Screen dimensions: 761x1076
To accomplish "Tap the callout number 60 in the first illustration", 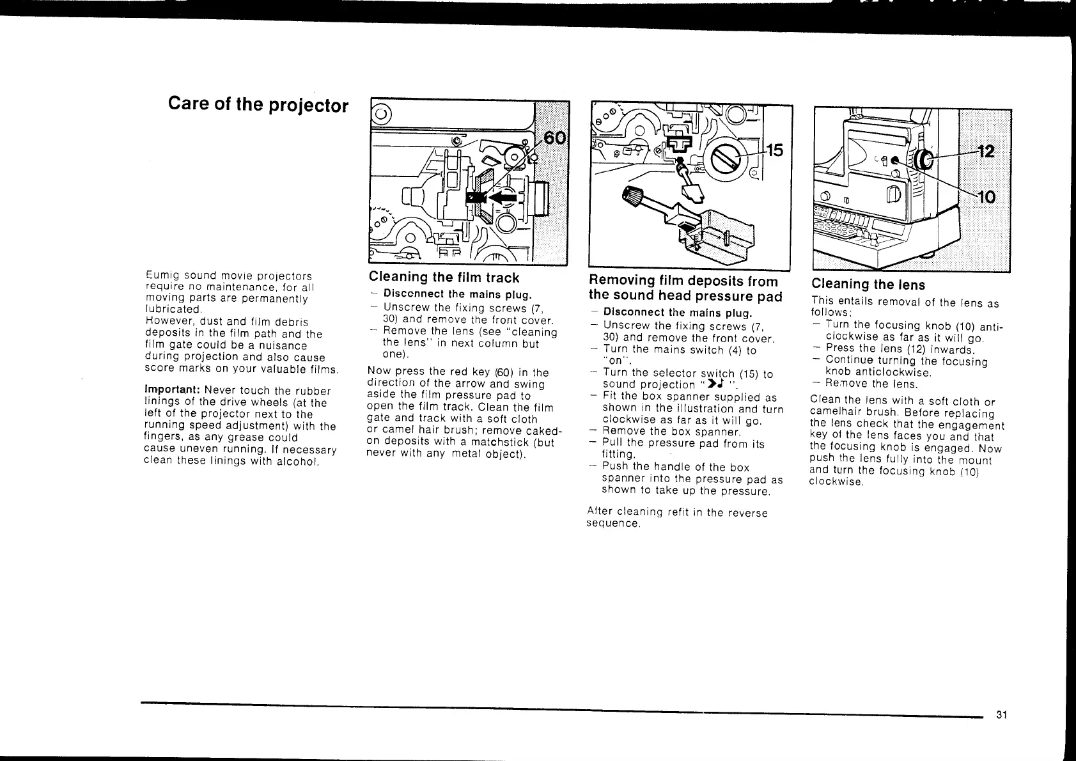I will click(554, 139).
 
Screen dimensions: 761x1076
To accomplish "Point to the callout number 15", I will click(774, 151).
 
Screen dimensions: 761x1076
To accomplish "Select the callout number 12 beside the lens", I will click(986, 152).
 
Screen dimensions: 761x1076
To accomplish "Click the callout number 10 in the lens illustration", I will click(986, 197).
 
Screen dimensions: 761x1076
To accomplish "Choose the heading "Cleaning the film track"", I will click(444, 278).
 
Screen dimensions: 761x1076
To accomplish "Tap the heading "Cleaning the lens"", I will click(868, 285).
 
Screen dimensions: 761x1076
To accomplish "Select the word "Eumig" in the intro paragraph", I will click(160, 276).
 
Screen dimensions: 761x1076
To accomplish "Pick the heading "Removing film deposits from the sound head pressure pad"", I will click(684, 288).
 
